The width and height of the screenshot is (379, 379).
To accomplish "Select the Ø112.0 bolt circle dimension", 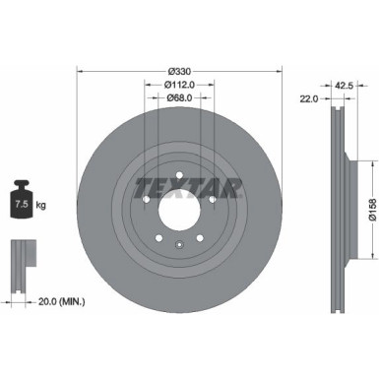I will [178, 84].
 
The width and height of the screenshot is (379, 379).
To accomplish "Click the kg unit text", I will [40, 205].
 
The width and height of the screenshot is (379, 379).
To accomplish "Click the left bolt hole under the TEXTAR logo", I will [145, 200].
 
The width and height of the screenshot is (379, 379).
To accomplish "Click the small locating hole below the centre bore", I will [178, 246].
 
